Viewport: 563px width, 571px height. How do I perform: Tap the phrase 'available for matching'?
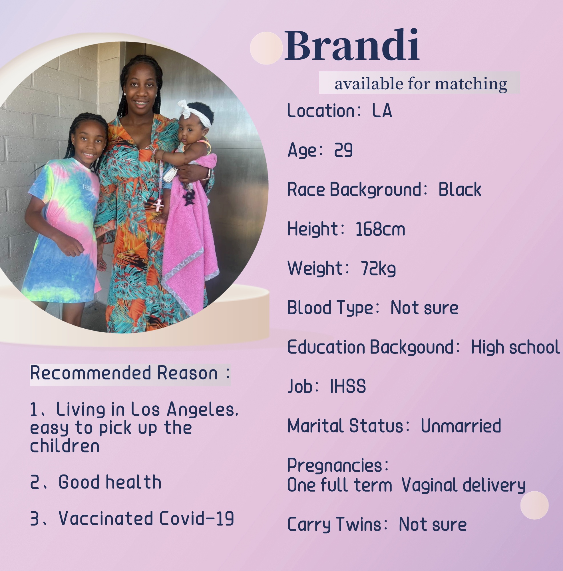click(x=421, y=84)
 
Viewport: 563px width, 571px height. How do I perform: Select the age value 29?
click(x=343, y=150)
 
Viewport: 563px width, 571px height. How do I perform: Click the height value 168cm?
click(x=380, y=229)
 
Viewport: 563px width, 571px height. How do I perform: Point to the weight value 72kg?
click(x=378, y=269)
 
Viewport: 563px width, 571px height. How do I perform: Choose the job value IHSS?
click(x=348, y=386)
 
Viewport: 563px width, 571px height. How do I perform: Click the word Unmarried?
click(x=461, y=426)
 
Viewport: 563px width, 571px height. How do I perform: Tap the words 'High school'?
click(x=515, y=347)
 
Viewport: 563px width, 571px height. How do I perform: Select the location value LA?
click(x=382, y=111)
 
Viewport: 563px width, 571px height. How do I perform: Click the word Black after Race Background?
click(x=460, y=190)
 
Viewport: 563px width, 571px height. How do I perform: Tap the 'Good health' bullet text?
click(x=110, y=482)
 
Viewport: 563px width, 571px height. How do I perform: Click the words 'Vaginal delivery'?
click(x=463, y=486)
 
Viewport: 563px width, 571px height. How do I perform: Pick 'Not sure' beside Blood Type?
click(x=425, y=308)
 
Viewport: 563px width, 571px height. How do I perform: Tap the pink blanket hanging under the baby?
click(x=189, y=236)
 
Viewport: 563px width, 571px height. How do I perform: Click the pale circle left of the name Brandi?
click(x=266, y=48)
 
